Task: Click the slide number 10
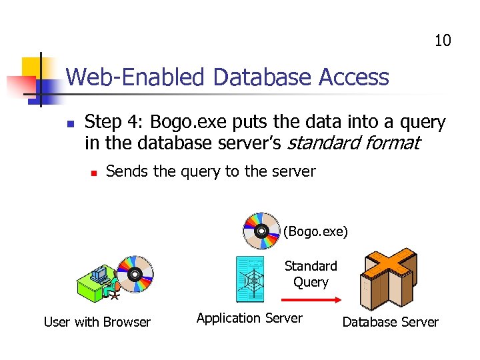click(443, 41)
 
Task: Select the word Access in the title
click(354, 78)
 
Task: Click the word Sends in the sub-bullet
click(127, 171)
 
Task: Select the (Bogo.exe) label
click(315, 232)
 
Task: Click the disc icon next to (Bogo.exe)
click(262, 231)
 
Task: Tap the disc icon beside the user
click(135, 274)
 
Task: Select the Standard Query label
click(311, 274)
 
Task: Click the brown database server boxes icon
click(389, 275)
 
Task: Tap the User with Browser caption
click(97, 322)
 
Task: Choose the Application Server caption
click(249, 318)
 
